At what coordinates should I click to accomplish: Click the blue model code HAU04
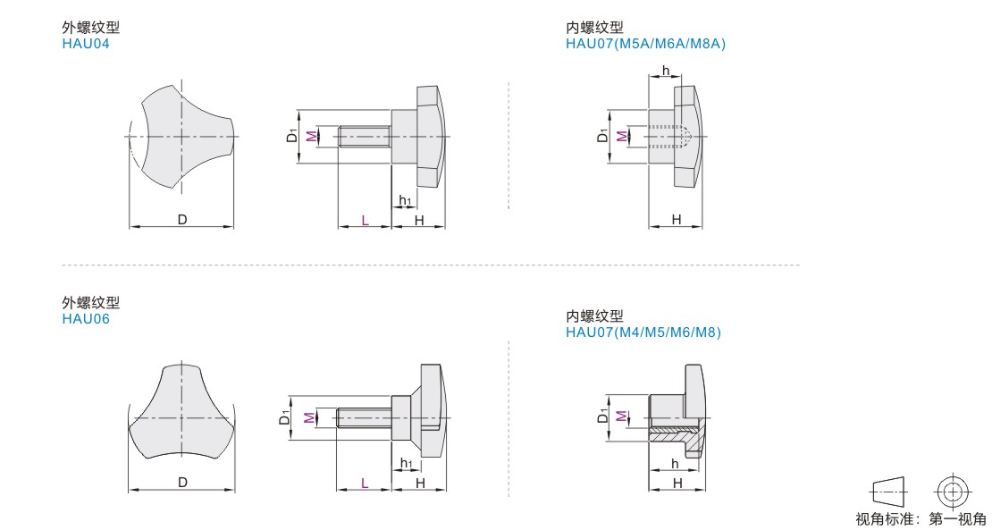86,44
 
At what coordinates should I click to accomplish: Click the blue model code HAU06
86,319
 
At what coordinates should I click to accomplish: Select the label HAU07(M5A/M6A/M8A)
645,44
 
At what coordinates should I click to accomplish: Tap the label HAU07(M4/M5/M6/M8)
643,332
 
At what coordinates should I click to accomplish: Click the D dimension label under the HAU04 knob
182,220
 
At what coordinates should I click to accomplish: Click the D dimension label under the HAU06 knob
182,483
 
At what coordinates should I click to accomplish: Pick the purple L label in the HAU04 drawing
365,220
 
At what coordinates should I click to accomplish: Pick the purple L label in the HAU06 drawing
365,484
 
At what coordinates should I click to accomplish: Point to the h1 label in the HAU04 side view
406,201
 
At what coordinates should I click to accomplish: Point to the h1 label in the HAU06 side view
406,464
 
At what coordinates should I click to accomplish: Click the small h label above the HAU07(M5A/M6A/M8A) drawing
665,69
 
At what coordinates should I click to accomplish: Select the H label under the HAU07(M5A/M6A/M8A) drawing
677,220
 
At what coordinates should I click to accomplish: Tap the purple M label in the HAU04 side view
310,136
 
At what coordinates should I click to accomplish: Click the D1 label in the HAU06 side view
285,417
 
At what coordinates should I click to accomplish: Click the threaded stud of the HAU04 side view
365,136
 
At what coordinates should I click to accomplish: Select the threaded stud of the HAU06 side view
365,417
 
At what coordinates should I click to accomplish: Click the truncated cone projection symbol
888,492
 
